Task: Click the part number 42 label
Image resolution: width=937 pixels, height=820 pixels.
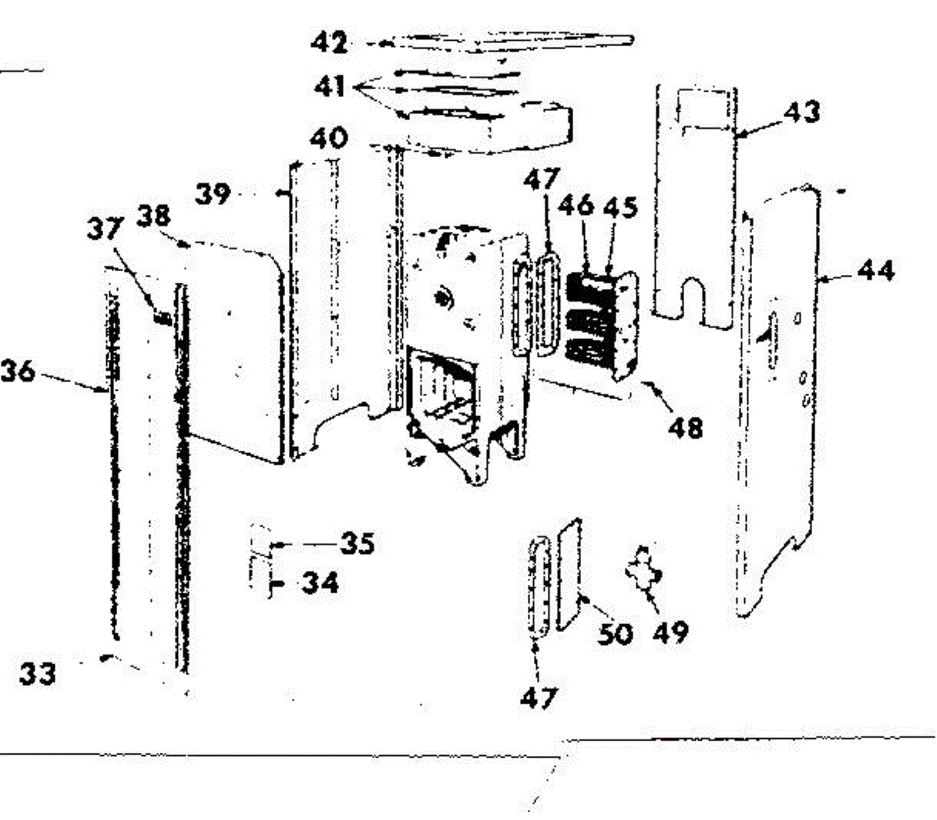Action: [x=329, y=42]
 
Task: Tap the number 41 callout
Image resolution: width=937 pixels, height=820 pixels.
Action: [x=330, y=85]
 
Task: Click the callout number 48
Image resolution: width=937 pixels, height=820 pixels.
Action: [x=685, y=427]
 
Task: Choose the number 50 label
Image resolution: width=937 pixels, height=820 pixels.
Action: [x=615, y=633]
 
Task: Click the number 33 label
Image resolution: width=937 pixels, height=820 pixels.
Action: [x=37, y=673]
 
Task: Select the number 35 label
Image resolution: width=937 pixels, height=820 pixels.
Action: [x=358, y=543]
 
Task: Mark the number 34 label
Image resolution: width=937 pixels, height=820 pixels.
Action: [x=320, y=583]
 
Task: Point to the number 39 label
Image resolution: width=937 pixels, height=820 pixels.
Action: [x=213, y=193]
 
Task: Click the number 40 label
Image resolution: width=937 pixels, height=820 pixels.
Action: [x=329, y=138]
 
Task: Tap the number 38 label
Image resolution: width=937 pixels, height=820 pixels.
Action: [x=157, y=216]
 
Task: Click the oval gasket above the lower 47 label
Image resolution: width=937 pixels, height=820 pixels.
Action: [x=538, y=586]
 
